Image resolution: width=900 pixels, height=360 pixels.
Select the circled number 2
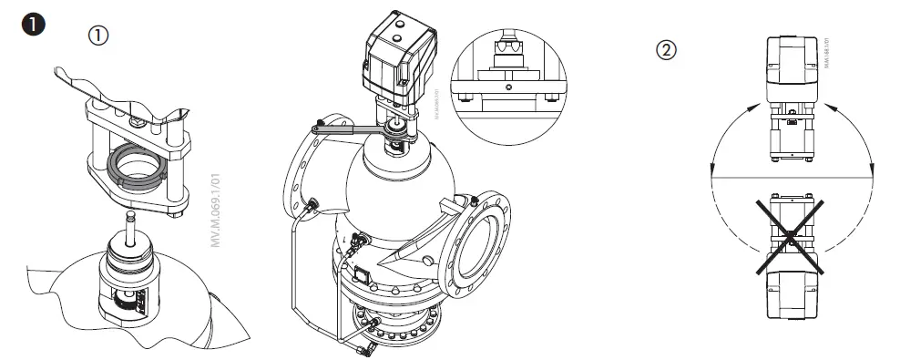667,51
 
